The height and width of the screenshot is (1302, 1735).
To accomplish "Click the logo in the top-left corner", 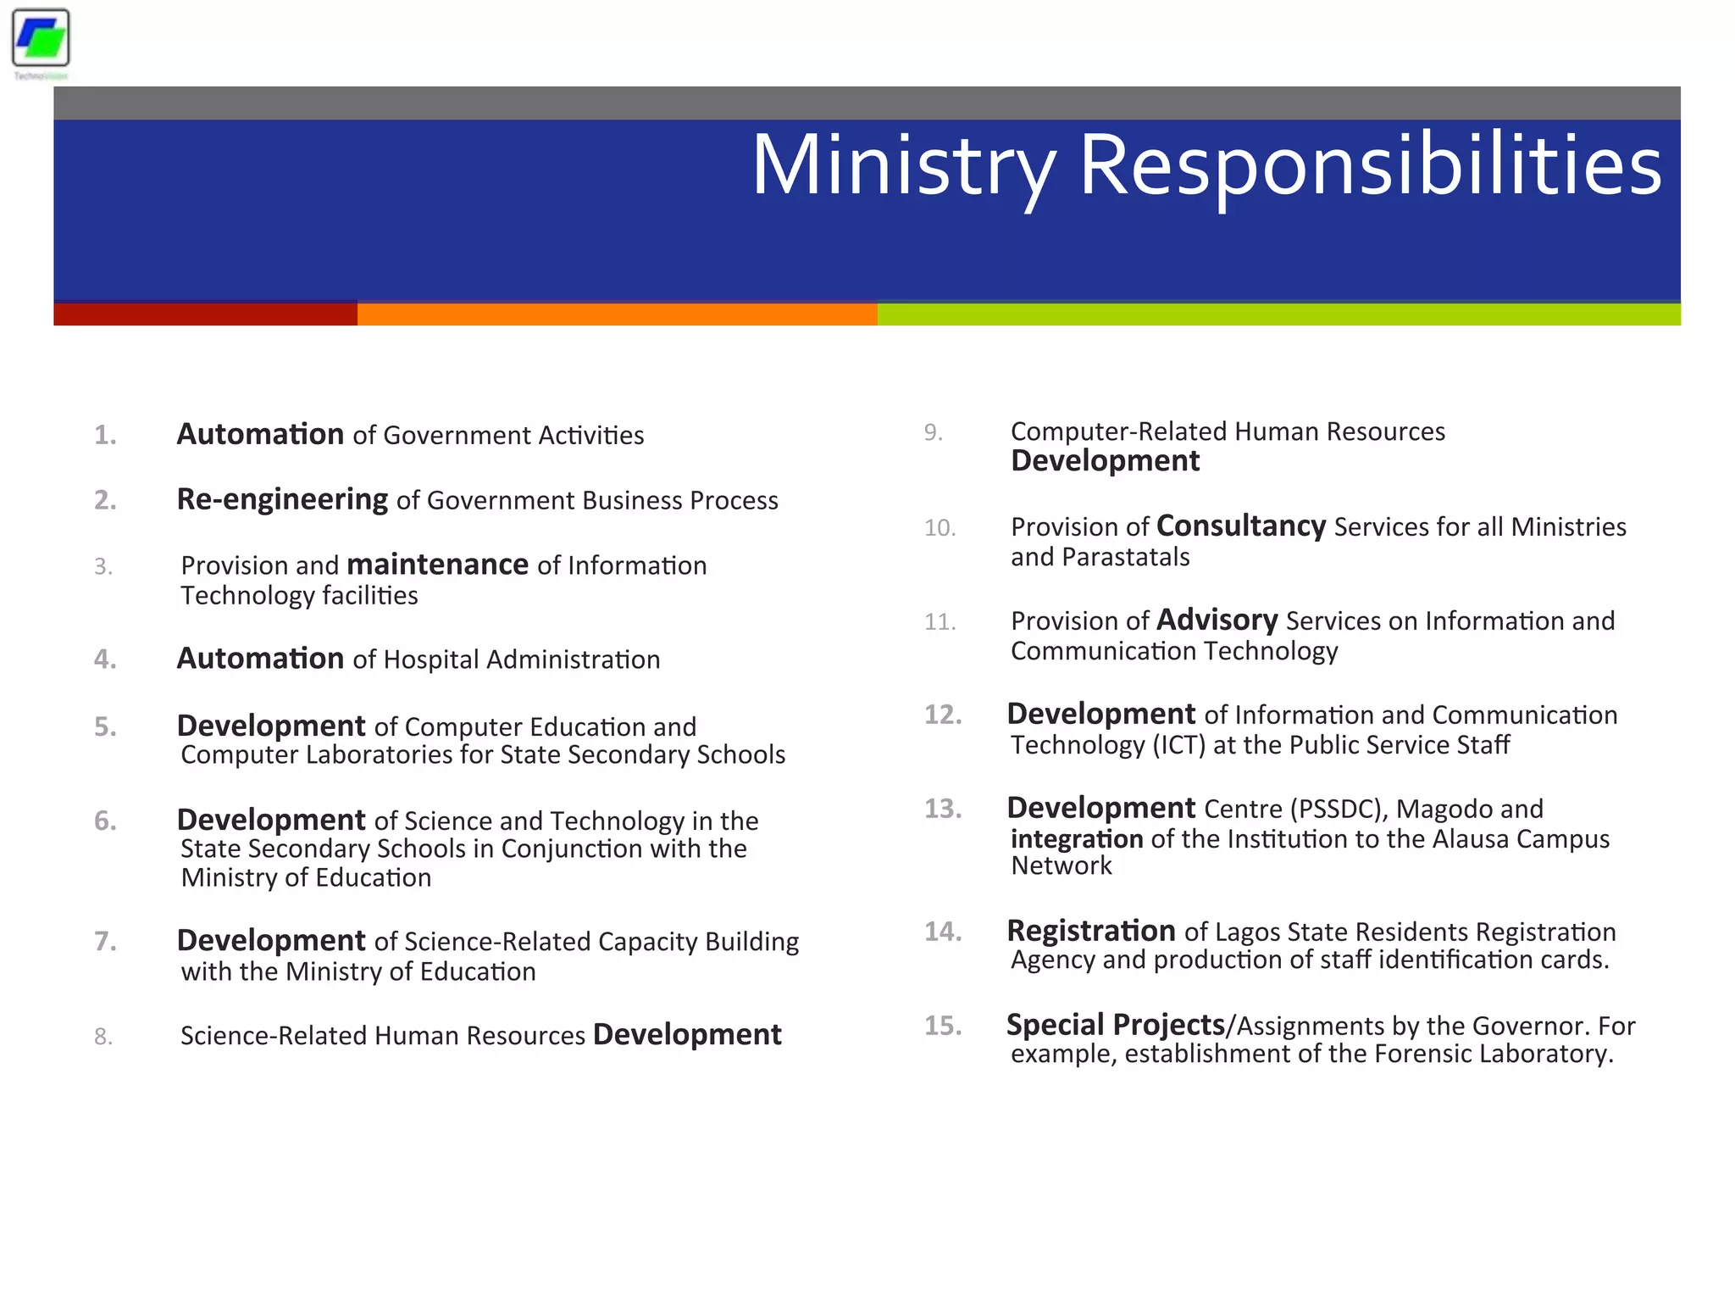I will click(x=41, y=39).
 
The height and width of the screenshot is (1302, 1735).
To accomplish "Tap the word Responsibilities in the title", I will click(x=1370, y=166).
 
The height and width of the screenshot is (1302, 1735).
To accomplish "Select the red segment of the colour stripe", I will click(x=205, y=314).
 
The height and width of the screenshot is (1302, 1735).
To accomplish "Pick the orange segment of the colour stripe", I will click(x=617, y=314).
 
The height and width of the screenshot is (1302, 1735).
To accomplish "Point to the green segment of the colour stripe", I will click(x=1278, y=314).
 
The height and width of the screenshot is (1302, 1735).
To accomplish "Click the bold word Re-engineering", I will click(x=282, y=499).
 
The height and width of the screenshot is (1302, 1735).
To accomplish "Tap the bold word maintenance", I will click(x=437, y=565).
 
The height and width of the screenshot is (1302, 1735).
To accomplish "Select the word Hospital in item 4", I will click(x=431, y=659).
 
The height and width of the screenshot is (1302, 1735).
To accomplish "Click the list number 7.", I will click(x=105, y=941).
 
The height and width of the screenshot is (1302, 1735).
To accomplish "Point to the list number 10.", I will click(x=940, y=527).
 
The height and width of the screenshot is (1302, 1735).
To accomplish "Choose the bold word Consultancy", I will click(x=1240, y=526).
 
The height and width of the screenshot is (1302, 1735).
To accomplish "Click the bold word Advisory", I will click(x=1217, y=620).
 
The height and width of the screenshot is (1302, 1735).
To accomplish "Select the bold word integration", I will click(x=1077, y=839).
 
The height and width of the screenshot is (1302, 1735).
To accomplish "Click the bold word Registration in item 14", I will click(x=1090, y=931).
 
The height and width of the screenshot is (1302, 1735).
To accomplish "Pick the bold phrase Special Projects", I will click(x=1115, y=1025).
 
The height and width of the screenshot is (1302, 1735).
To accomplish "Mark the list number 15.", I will click(x=942, y=1026).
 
